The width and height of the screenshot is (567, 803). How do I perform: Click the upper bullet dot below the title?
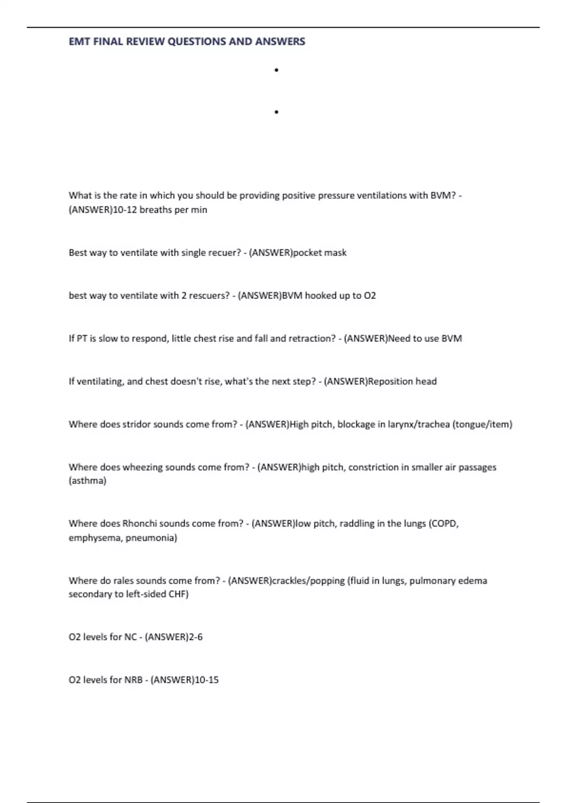[x=276, y=70]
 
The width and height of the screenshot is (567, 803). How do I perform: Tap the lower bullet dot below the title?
[x=276, y=112]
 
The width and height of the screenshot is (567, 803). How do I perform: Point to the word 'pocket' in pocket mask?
[x=308, y=253]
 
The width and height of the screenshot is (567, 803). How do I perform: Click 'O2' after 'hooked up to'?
[x=370, y=296]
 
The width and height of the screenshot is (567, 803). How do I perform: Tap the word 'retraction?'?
[x=312, y=339]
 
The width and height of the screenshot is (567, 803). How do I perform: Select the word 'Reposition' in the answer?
[x=390, y=382]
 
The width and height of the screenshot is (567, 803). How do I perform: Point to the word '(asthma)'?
[x=87, y=481]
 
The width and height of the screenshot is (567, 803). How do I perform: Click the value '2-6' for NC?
[x=196, y=637]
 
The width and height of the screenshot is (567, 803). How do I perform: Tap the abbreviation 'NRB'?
[x=133, y=680]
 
